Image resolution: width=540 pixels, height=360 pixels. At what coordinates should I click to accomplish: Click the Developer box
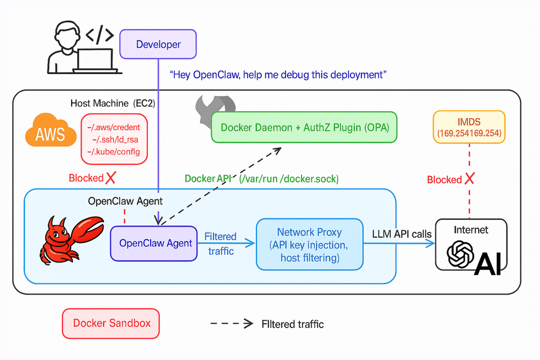(158, 45)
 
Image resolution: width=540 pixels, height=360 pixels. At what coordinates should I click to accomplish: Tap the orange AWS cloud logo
(50, 132)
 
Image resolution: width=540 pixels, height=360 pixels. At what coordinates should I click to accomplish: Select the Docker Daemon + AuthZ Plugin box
(304, 127)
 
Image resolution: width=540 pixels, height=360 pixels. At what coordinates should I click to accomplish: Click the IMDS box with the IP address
(469, 127)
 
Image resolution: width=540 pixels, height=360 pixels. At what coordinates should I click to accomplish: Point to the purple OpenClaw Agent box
(154, 243)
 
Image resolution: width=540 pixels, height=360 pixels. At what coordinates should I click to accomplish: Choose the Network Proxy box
(309, 244)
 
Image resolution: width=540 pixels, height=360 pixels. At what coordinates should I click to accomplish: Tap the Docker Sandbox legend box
(111, 324)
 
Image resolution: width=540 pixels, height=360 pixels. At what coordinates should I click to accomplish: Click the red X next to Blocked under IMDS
(469, 179)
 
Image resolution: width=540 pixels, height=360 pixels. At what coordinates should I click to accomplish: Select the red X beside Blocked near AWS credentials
(111, 178)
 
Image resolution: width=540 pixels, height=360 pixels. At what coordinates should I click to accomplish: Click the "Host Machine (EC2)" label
(113, 103)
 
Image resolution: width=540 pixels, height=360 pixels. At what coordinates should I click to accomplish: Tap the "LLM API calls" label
(402, 234)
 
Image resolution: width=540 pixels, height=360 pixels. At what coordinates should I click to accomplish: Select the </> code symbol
(99, 35)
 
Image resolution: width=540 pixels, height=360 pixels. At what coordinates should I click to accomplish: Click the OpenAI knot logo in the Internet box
(459, 254)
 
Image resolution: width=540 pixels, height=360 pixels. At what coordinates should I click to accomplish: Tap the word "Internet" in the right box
(471, 230)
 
